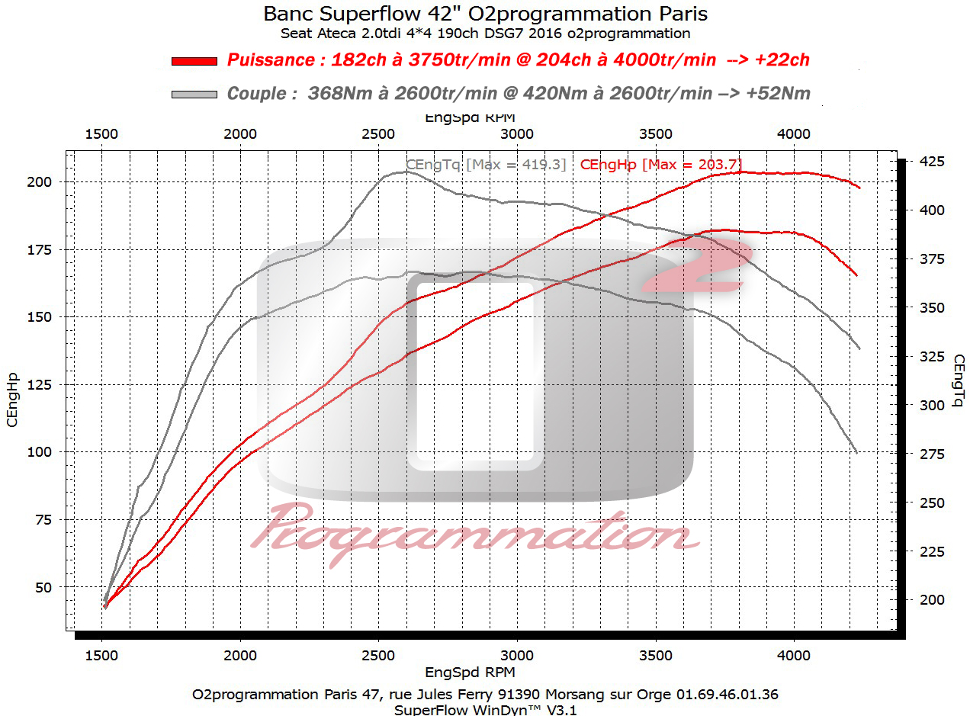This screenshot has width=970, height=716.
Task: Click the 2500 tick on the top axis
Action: [x=378, y=133]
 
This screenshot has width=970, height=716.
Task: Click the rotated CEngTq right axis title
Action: [x=958, y=380]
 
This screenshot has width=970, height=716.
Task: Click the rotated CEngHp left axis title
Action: [x=12, y=398]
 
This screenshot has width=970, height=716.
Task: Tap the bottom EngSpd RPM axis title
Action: [x=470, y=673]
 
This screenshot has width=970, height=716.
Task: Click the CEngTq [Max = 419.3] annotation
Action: [x=486, y=164]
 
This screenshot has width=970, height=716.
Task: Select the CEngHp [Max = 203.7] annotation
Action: [x=661, y=164]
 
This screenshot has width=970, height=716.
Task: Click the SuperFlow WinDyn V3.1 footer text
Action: [x=486, y=709]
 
